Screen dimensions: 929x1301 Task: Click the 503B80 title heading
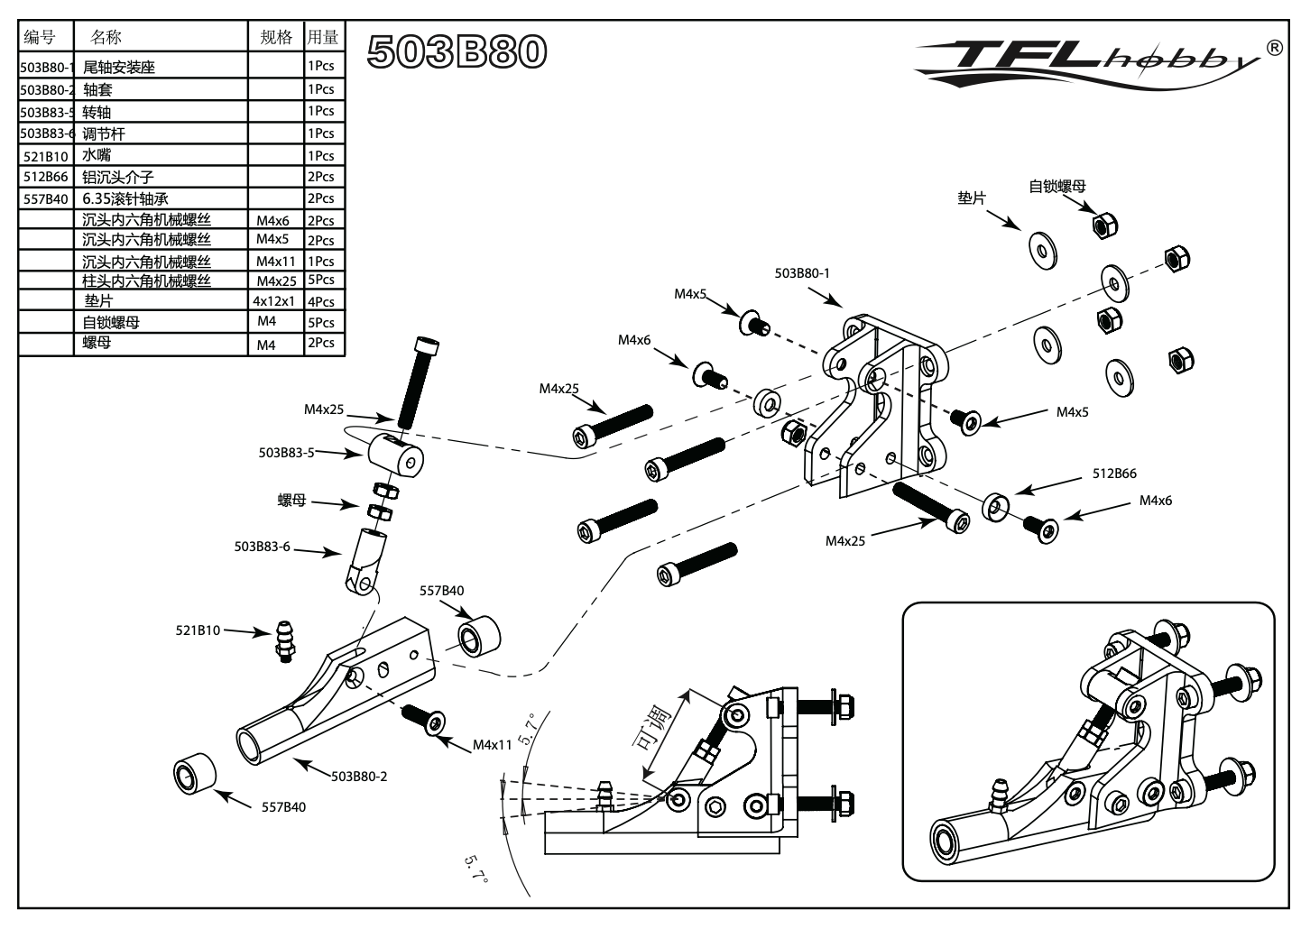457,51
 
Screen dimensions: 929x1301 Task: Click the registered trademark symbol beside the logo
1273,47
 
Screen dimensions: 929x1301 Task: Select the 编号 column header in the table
40,37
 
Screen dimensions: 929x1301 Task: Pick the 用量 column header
323,37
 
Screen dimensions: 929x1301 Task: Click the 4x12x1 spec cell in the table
274,301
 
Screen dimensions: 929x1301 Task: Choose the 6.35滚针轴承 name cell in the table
125,199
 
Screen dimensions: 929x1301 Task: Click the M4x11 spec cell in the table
274,262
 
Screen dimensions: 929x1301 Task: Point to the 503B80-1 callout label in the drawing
801,273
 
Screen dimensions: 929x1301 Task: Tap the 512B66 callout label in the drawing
1114,474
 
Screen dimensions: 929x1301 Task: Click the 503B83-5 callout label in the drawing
286,453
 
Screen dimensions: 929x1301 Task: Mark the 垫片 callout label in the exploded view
972,198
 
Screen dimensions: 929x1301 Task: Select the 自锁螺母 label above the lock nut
1057,187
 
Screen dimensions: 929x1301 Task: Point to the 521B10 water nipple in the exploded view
285,640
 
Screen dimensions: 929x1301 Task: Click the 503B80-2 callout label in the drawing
358,776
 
